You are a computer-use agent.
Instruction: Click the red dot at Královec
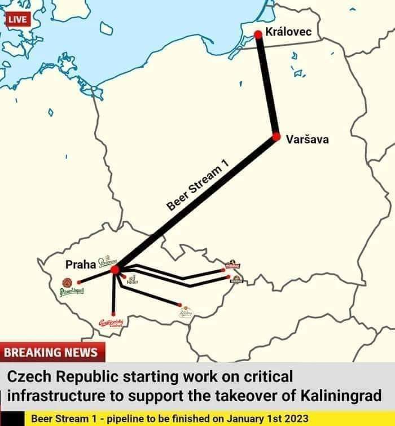coord(258,35)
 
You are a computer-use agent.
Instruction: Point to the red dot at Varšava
coord(276,137)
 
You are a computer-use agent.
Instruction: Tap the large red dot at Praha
coord(115,270)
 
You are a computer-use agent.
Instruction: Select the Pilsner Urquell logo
coord(70,286)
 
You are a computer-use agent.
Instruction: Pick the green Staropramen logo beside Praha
coord(107,261)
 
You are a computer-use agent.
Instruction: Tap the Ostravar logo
coord(232,265)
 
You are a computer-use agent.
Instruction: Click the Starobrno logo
coord(186,311)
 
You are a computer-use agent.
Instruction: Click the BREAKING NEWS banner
coord(51,353)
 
